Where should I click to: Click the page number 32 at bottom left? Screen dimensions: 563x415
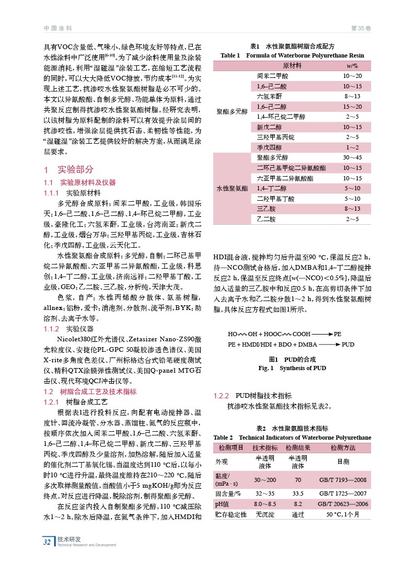point(48,542)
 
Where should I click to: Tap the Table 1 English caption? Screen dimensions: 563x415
point(292,55)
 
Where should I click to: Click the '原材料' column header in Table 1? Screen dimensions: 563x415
point(292,66)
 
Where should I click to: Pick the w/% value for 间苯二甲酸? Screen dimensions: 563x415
point(352,76)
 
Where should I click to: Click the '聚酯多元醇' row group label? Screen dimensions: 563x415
point(232,111)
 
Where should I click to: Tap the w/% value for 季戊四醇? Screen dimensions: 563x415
point(352,147)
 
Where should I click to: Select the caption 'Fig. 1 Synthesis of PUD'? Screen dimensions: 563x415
point(292,368)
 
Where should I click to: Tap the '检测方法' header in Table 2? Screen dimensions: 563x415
point(342,448)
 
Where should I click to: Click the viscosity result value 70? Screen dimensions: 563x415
point(298,479)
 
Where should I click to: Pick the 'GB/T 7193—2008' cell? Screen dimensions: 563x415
point(342,479)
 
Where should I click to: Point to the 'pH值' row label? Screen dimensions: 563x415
point(223,504)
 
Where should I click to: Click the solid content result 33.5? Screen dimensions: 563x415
point(298,493)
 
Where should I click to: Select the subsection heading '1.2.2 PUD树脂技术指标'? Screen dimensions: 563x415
point(256,395)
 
